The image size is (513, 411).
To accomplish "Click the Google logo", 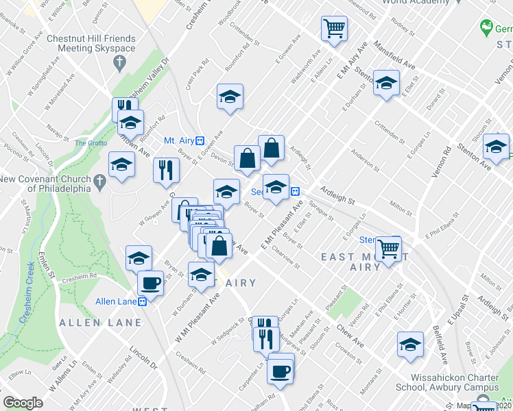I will (23, 403).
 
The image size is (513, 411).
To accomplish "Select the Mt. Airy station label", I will (180, 140).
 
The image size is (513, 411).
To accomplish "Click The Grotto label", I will (87, 143).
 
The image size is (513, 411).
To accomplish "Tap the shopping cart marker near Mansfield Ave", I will (334, 29).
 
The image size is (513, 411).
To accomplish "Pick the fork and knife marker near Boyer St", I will (165, 170).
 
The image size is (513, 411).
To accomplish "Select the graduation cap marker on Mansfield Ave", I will (386, 84).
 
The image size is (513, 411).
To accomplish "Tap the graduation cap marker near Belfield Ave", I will (410, 345).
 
